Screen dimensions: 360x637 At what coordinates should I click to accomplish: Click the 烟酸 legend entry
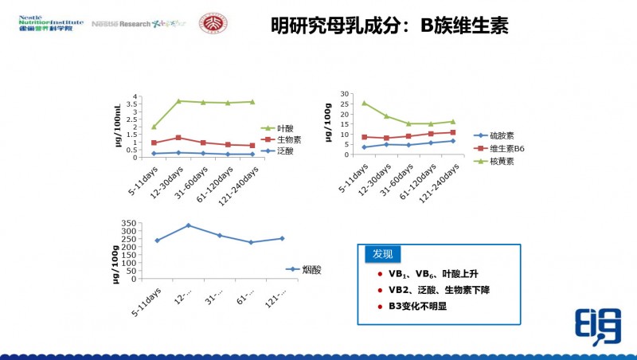312,270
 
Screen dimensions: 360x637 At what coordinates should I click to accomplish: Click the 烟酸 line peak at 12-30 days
188,225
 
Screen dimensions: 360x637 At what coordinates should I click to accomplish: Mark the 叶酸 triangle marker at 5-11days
154,127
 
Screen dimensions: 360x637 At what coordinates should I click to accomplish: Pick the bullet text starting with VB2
438,289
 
